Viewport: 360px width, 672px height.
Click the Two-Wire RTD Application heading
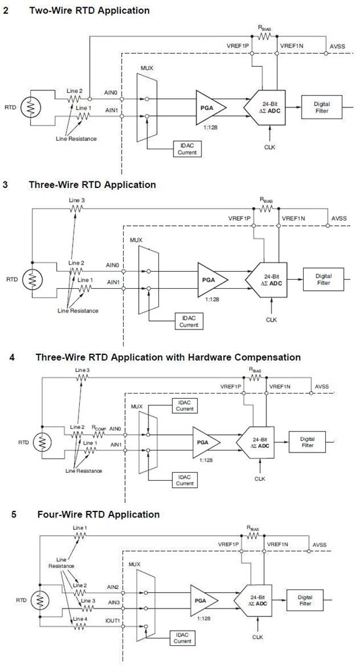pyautogui.click(x=89, y=10)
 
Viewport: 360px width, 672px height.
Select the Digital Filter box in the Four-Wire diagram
pyautogui.click(x=305, y=601)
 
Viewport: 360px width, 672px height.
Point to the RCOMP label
pyautogui.click(x=99, y=427)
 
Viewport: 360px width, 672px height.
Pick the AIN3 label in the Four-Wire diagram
pyautogui.click(x=113, y=602)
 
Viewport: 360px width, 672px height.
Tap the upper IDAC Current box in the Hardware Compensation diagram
pyautogui.click(x=185, y=406)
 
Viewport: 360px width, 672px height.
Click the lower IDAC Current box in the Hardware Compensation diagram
pyautogui.click(x=185, y=480)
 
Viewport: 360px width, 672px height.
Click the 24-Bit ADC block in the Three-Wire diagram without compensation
pyautogui.click(x=266, y=280)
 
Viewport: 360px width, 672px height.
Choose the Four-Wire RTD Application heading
pyautogui.click(x=98, y=514)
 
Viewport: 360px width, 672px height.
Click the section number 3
pyautogui.click(x=5, y=185)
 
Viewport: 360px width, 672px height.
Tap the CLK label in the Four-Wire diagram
pyautogui.click(x=257, y=637)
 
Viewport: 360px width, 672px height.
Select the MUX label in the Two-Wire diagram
pyautogui.click(x=146, y=68)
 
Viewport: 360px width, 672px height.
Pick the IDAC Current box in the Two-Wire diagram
pyautogui.click(x=187, y=149)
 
